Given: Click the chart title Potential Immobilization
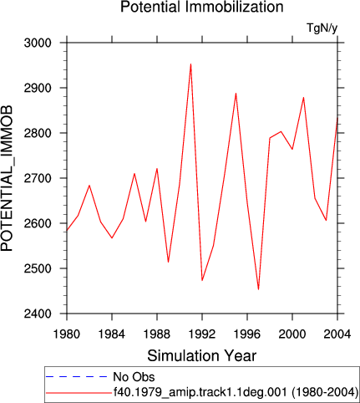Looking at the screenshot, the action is tap(202, 7).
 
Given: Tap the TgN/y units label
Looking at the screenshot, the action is tap(322, 28).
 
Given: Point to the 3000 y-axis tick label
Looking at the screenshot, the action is tap(38, 43).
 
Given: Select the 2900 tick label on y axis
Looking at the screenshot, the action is tap(38, 88).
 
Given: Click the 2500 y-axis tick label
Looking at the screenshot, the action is tap(38, 268).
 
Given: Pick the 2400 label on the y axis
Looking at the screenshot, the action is tap(38, 314).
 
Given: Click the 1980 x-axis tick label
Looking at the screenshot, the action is tap(67, 334).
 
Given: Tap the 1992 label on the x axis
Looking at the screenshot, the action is tap(202, 334).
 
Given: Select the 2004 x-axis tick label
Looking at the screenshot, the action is tap(337, 334).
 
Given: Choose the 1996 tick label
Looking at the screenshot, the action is tap(247, 334).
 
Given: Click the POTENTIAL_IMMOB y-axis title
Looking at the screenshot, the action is tap(7, 178).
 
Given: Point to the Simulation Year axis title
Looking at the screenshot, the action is tap(202, 356).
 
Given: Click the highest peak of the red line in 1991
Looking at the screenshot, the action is tap(190, 64).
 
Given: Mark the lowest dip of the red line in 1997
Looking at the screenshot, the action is tap(258, 289).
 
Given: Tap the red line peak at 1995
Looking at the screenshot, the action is tap(236, 94).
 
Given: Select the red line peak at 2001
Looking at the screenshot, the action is tap(303, 97).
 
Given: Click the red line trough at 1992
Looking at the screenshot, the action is tap(202, 280).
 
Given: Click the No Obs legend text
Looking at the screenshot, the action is tap(134, 377).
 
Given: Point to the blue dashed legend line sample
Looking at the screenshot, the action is tap(77, 377).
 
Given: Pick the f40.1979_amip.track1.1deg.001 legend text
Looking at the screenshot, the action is tap(200, 392).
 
